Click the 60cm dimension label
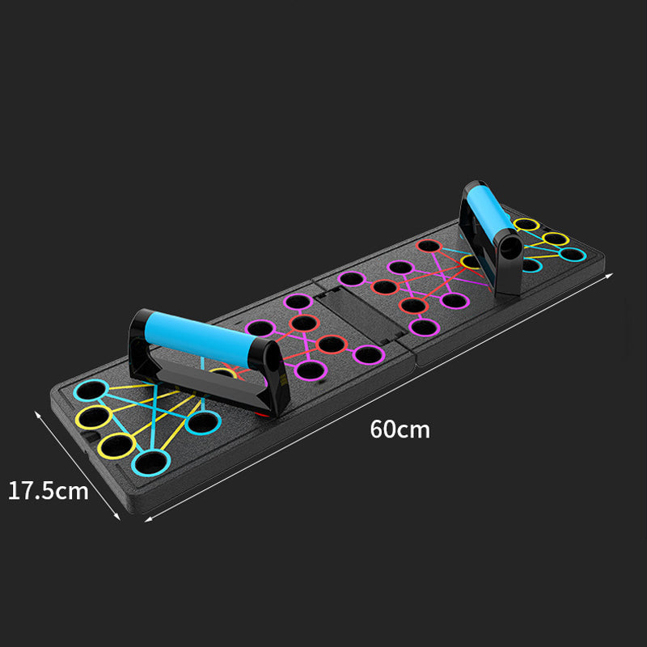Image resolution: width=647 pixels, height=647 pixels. click(x=400, y=428)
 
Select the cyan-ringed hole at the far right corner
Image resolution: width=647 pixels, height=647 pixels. click(x=573, y=255)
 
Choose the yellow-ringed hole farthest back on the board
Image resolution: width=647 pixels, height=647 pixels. click(x=526, y=224)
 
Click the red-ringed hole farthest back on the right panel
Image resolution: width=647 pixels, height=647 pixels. click(x=429, y=245)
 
